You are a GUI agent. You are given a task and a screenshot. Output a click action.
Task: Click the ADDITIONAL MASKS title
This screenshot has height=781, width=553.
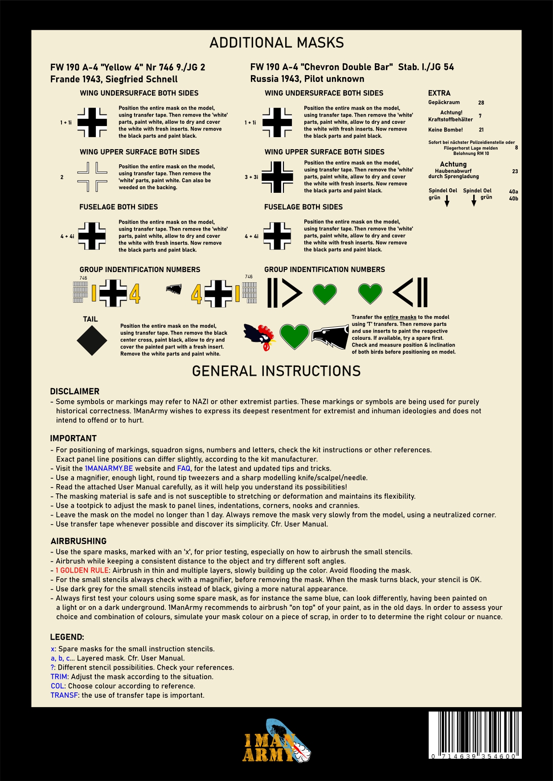click(276, 43)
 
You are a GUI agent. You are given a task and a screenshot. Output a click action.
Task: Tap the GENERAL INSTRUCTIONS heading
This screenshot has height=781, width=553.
click(276, 371)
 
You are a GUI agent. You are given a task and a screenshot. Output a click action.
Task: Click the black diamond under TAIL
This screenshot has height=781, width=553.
click(92, 341)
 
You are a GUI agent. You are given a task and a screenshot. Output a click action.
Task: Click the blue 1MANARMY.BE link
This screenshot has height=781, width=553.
click(109, 468)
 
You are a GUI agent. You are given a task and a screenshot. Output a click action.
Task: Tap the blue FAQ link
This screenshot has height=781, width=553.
click(184, 468)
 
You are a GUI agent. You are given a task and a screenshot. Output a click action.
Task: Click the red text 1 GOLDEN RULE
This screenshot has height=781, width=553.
click(82, 570)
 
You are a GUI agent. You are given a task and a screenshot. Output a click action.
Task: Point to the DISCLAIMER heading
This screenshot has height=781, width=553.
click(75, 391)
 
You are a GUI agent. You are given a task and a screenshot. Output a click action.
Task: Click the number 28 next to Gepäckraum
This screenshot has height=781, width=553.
click(481, 103)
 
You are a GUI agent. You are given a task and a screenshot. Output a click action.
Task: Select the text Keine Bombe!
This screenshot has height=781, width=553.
click(446, 130)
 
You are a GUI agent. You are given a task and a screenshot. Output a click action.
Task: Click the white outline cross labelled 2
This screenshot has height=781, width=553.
click(92, 177)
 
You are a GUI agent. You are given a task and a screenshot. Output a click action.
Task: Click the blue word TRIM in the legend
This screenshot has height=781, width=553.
click(59, 677)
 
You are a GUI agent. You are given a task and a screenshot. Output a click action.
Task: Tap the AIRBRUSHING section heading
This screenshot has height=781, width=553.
click(78, 541)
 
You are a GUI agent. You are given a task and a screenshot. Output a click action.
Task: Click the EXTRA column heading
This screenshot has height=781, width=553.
click(439, 93)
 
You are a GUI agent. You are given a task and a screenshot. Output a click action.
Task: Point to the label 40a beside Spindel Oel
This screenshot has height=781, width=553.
click(513, 192)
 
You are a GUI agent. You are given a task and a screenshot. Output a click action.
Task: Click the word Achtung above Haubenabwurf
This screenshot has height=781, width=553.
click(453, 164)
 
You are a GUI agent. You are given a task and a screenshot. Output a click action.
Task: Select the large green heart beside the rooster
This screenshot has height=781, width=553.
click(295, 337)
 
